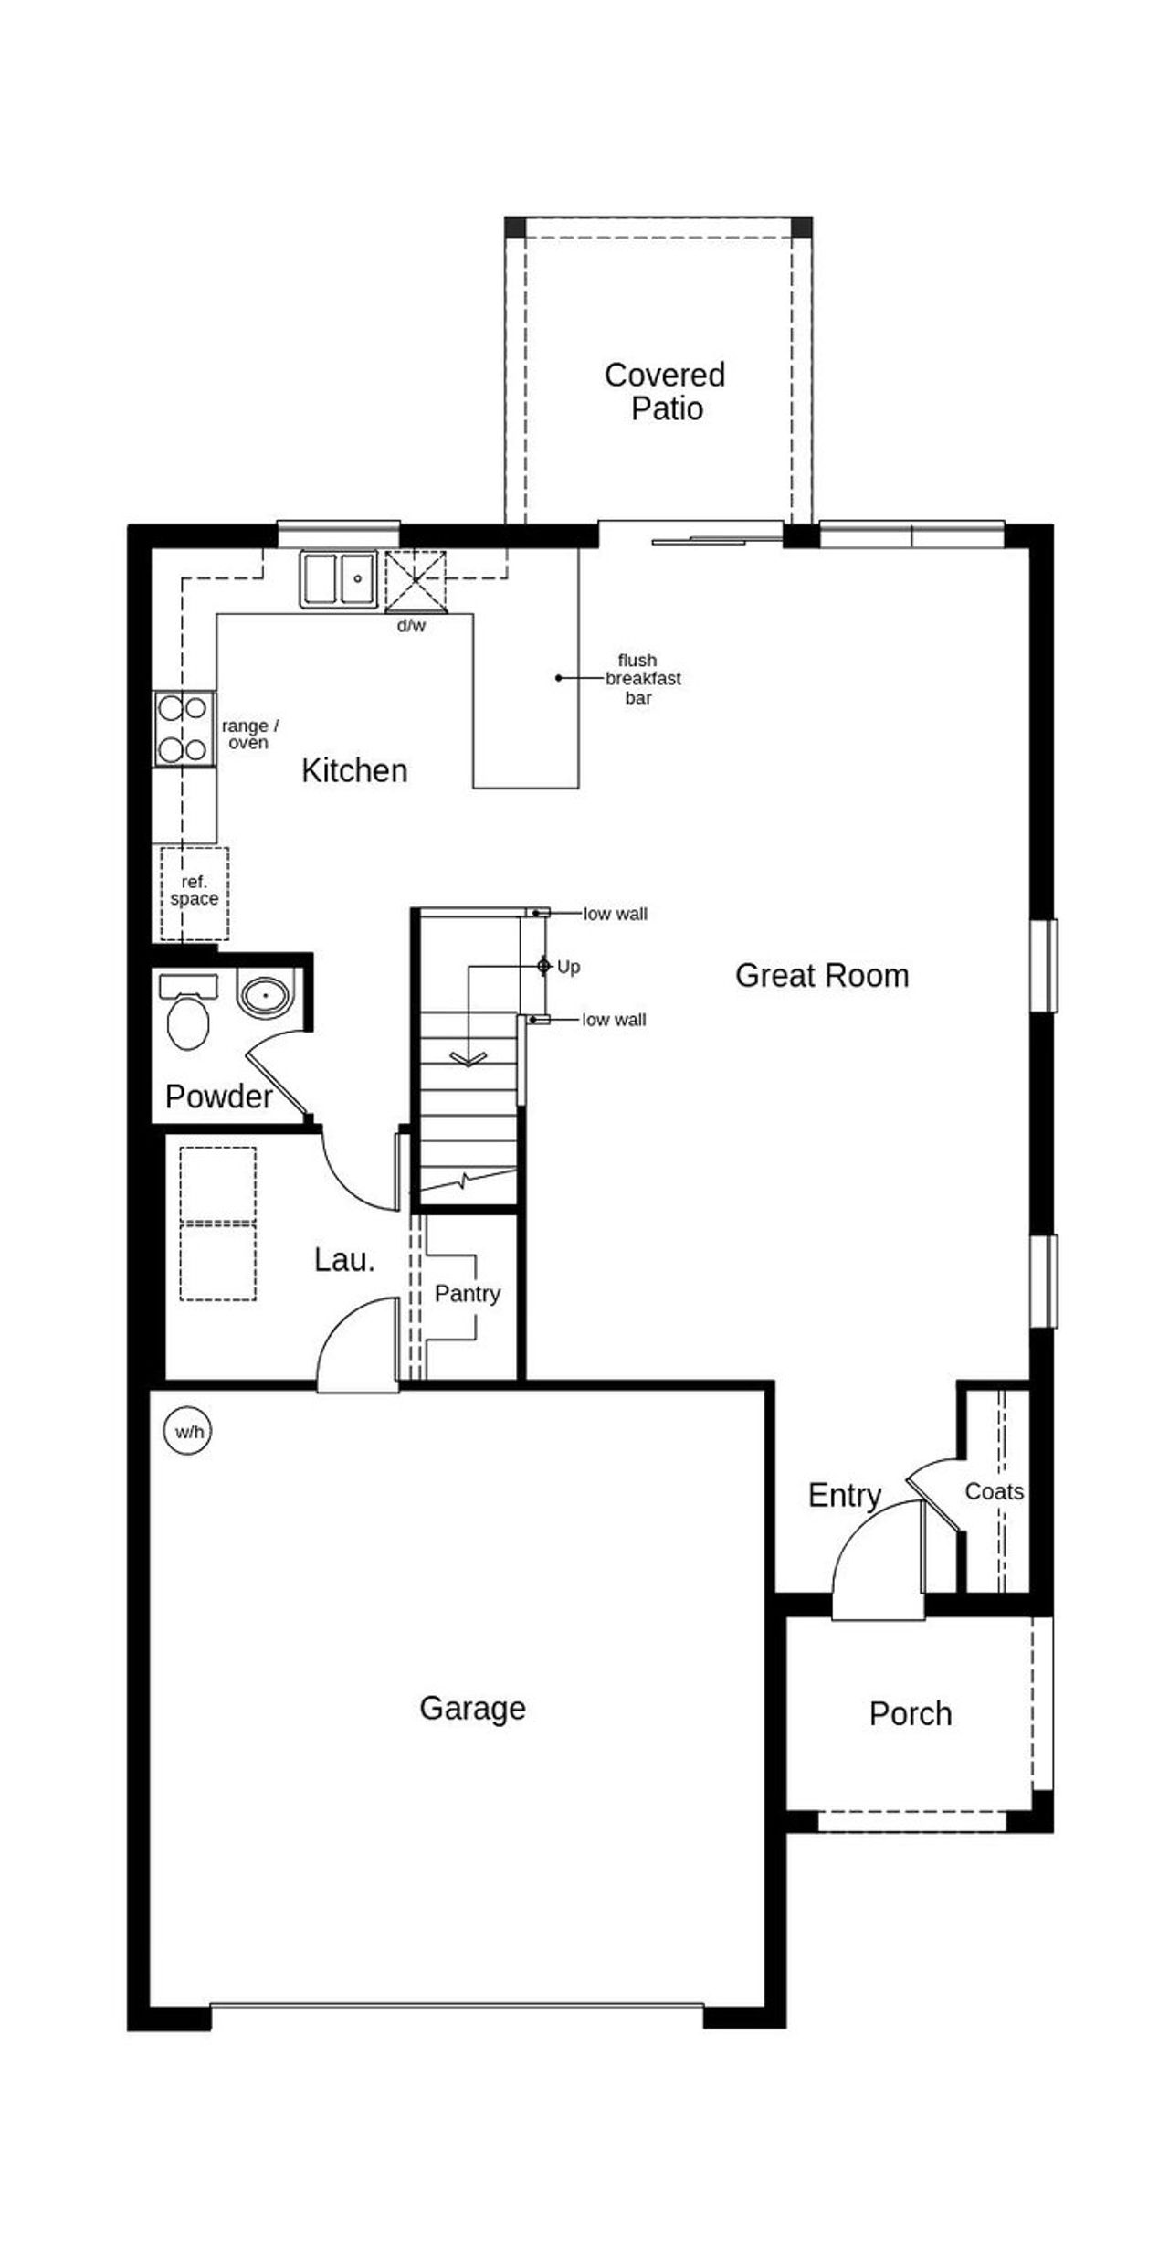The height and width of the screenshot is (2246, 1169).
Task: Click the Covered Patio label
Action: point(666,391)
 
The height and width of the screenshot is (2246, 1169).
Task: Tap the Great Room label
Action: point(822,976)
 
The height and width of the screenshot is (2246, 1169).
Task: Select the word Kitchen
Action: point(354,771)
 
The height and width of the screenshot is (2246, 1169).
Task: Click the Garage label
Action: point(472,1708)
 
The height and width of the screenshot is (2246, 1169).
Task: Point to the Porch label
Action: point(910,1713)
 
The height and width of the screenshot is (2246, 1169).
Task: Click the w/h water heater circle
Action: point(189,1432)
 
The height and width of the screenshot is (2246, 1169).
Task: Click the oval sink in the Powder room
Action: point(265,994)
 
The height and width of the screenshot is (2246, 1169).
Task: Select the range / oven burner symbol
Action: point(183,729)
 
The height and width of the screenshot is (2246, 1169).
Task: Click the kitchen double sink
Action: point(339,579)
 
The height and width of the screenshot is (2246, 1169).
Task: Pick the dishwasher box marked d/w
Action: point(416,581)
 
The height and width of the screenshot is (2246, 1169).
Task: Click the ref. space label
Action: point(194,891)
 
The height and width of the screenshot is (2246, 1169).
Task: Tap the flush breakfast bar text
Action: point(642,679)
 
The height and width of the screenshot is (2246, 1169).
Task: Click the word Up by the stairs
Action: point(568,967)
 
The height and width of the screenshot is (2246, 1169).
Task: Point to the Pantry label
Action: point(468,1293)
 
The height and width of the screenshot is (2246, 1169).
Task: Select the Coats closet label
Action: point(994,1491)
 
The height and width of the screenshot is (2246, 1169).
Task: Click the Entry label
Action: point(845,1496)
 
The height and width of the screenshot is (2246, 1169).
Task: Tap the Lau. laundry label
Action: point(344,1260)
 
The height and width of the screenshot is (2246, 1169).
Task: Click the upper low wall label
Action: point(615,914)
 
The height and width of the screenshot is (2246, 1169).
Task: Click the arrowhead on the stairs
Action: point(469,1060)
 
